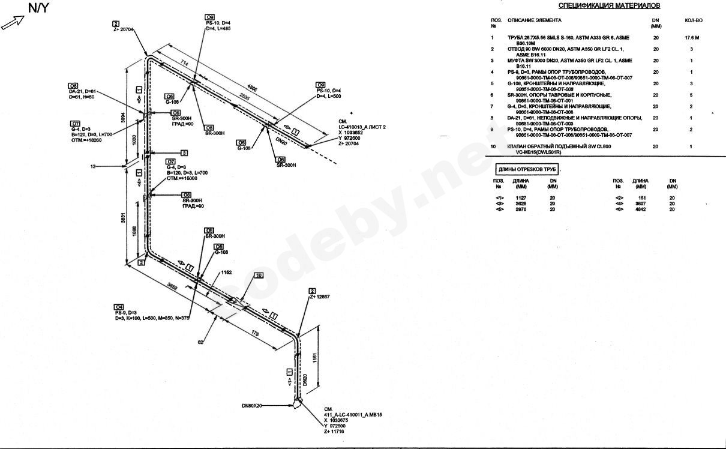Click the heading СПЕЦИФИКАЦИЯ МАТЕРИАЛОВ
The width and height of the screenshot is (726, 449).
coord(609,6)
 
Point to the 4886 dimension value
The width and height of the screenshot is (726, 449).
coord(253,88)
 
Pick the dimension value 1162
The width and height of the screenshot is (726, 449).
coord(226,273)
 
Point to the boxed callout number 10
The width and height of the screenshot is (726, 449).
coord(259,276)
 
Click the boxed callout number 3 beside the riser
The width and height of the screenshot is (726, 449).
coord(184,152)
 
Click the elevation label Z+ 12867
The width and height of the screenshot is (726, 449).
coord(320,297)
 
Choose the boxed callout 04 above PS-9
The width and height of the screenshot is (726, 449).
coord(119,307)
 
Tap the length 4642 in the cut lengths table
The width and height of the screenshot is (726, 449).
coord(641,209)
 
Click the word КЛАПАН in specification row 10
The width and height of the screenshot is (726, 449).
coord(519,146)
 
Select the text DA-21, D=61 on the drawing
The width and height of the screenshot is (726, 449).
coord(83,91)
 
